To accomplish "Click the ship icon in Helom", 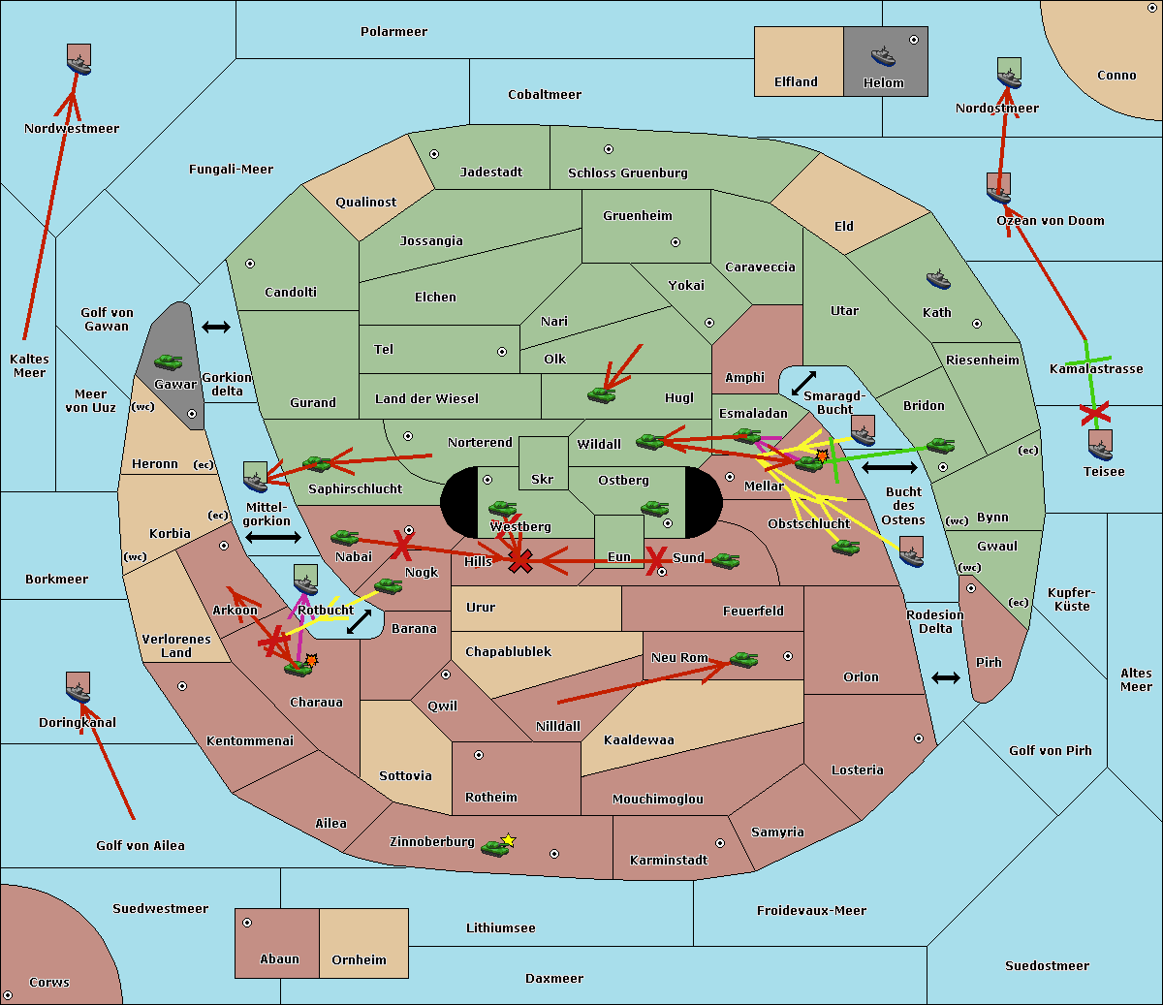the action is tap(883, 56).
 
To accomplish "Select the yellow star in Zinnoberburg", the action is tap(508, 840).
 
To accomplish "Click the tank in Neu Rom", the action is tap(743, 659).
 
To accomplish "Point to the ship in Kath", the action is tap(938, 280).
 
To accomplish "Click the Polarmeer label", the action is tap(393, 32).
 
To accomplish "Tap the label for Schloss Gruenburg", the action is tap(628, 173).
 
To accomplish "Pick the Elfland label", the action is tap(796, 82).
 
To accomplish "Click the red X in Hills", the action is tap(520, 561).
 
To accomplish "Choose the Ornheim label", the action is tap(359, 959).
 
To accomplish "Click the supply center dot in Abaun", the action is tap(247, 923).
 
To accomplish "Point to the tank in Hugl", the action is tap(601, 395).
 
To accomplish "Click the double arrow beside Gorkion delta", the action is tap(216, 327).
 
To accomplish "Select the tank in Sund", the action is tap(725, 561).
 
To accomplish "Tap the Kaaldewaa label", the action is tap(639, 740).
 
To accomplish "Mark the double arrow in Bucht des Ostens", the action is tap(890, 467).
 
